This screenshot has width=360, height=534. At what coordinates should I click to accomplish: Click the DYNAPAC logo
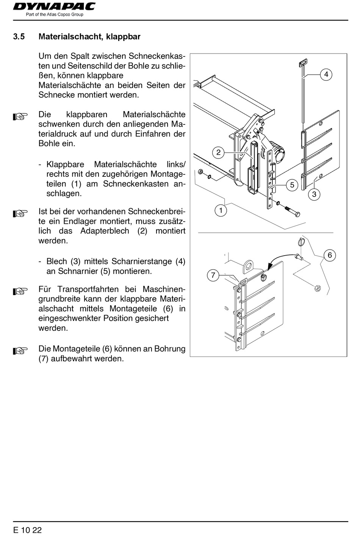54,7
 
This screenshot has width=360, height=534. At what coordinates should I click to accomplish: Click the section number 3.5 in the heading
19,37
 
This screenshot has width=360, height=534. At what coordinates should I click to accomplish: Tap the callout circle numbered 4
326,74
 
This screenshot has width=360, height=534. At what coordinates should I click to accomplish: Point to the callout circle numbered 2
218,152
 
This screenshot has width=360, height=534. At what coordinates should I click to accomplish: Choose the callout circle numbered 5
292,185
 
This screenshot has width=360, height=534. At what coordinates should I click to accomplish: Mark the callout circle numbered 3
314,195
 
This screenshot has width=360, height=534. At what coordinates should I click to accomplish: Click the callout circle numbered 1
221,210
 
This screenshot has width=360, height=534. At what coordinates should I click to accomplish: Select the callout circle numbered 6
330,255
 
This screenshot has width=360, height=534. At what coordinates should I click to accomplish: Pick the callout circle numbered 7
213,275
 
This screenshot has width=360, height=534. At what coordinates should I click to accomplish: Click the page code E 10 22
27,529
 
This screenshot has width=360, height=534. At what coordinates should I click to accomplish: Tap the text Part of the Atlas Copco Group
54,15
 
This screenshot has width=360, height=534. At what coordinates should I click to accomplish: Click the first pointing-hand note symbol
20,116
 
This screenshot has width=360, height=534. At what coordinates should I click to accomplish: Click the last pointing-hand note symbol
20,350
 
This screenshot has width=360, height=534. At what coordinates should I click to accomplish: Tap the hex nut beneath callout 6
318,289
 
